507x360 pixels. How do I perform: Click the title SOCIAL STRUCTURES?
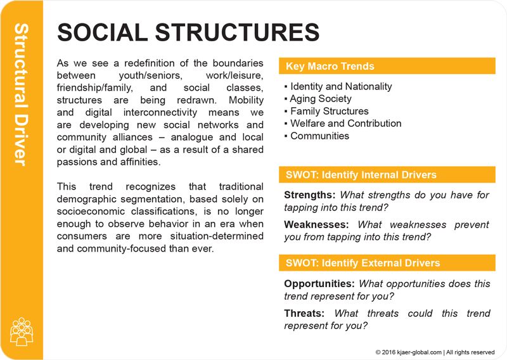coord(188,32)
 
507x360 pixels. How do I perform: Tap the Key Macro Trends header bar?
coord(387,66)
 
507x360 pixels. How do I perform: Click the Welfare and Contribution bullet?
coord(345,124)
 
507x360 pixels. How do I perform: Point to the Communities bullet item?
coord(319,136)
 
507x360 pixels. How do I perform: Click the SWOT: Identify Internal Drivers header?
coord(387,175)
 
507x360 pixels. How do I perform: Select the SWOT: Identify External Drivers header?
coord(387,263)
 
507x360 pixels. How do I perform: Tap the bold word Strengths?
coord(309,195)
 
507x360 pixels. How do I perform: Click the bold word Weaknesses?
coord(316,224)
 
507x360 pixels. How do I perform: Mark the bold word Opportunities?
coord(319,284)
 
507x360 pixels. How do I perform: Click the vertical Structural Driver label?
coord(21,95)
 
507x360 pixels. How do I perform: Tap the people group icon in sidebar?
coord(22,331)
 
